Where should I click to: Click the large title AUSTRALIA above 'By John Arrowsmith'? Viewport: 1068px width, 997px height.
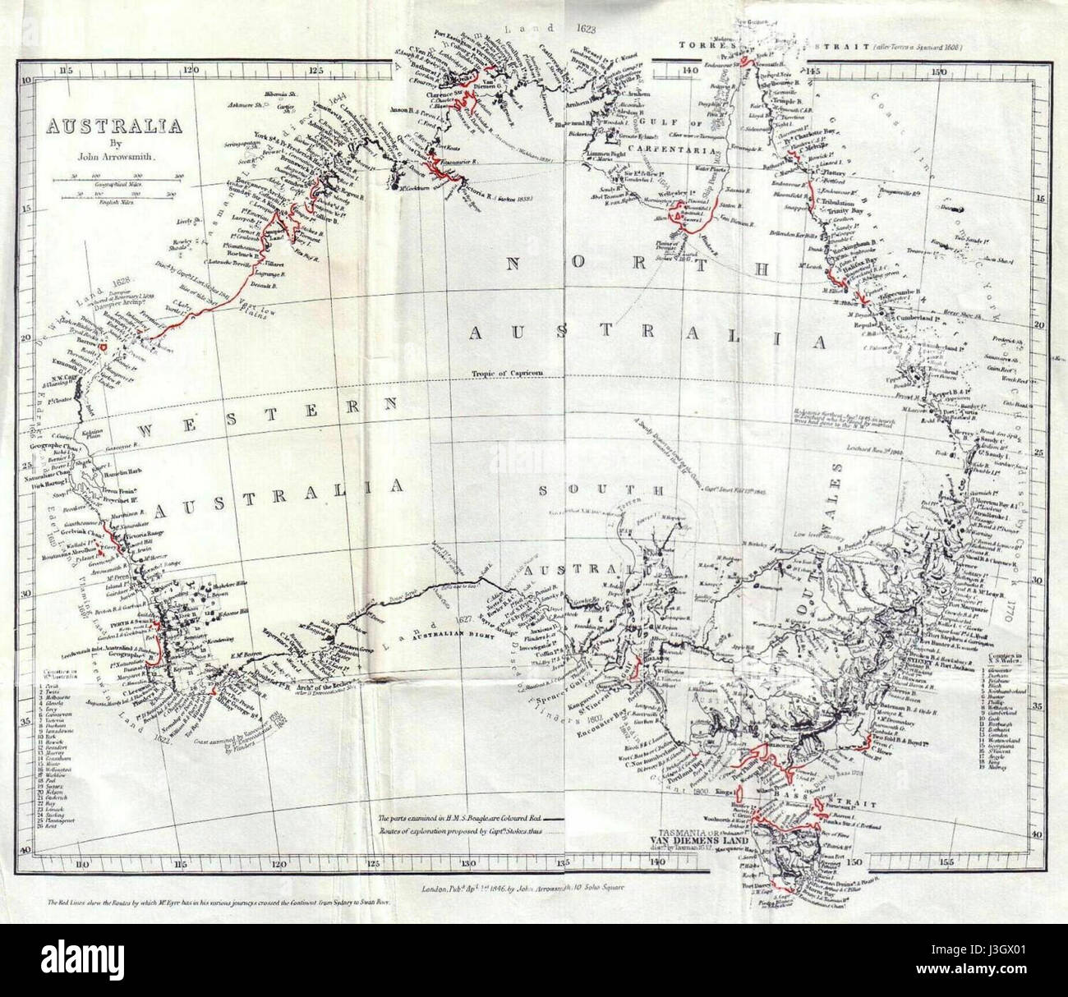[113, 127]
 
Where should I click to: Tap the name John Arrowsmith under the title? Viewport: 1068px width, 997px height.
[113, 154]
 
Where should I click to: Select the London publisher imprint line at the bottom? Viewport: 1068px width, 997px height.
[522, 887]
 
